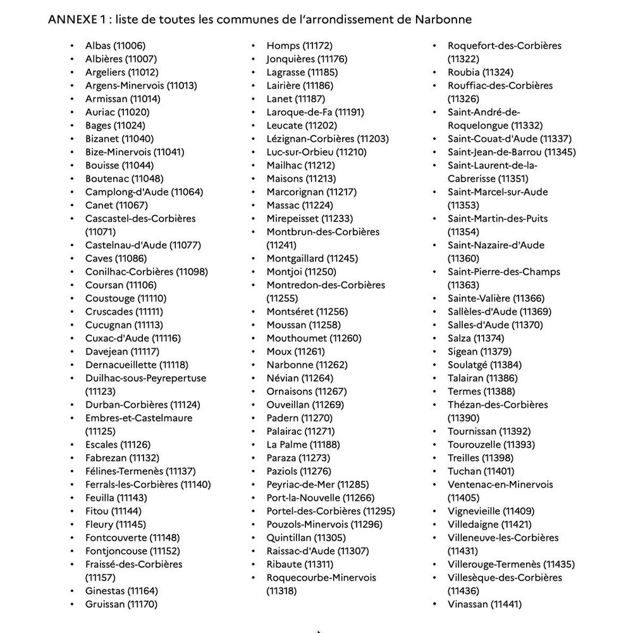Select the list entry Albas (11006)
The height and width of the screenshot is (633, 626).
tap(115, 46)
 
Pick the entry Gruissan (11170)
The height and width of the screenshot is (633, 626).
tap(121, 604)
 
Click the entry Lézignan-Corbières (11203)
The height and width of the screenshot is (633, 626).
tap(328, 139)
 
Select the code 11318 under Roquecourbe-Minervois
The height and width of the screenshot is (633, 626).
tap(281, 591)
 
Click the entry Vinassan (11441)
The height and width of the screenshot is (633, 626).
tap(484, 604)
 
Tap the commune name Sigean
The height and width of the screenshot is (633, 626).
tap(463, 351)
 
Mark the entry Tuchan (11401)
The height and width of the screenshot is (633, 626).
tap(481, 471)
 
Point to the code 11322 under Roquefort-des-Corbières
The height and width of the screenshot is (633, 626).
tap(463, 59)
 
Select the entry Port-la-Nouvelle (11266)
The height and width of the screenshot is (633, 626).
tap(321, 498)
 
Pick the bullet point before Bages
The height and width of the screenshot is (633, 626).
tap(72, 125)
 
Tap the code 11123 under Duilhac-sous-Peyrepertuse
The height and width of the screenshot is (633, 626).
tap(101, 391)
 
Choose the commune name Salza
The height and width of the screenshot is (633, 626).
tap(459, 338)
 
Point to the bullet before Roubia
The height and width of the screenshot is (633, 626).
tap(434, 72)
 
